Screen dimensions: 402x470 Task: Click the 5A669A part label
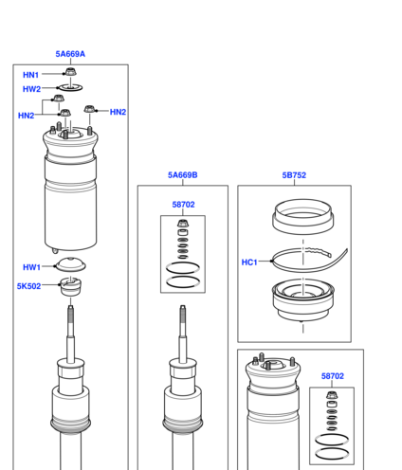(x=70, y=54)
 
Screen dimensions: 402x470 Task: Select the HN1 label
(x=30, y=75)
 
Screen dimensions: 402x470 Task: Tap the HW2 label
(x=31, y=89)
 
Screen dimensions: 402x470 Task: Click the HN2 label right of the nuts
(x=118, y=112)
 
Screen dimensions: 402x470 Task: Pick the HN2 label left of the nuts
(x=26, y=116)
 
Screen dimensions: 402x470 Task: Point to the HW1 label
(x=31, y=267)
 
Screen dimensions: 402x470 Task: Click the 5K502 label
(x=28, y=286)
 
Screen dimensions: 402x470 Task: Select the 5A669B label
(x=183, y=175)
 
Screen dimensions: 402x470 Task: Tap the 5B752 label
(x=294, y=175)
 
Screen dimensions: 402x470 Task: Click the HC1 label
(x=249, y=262)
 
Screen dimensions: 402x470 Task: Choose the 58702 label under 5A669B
(x=183, y=205)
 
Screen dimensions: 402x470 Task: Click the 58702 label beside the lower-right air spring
(x=333, y=376)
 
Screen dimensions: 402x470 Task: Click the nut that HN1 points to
(x=70, y=71)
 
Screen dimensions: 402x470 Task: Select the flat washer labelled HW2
(x=70, y=87)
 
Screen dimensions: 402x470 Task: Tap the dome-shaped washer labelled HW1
(x=70, y=264)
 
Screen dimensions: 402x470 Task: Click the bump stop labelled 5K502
(x=70, y=286)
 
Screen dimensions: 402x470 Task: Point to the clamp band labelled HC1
(x=310, y=260)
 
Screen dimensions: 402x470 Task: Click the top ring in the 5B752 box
(x=303, y=216)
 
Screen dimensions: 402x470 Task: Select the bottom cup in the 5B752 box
(x=303, y=300)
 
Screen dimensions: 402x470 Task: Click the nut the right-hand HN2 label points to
(x=89, y=109)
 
